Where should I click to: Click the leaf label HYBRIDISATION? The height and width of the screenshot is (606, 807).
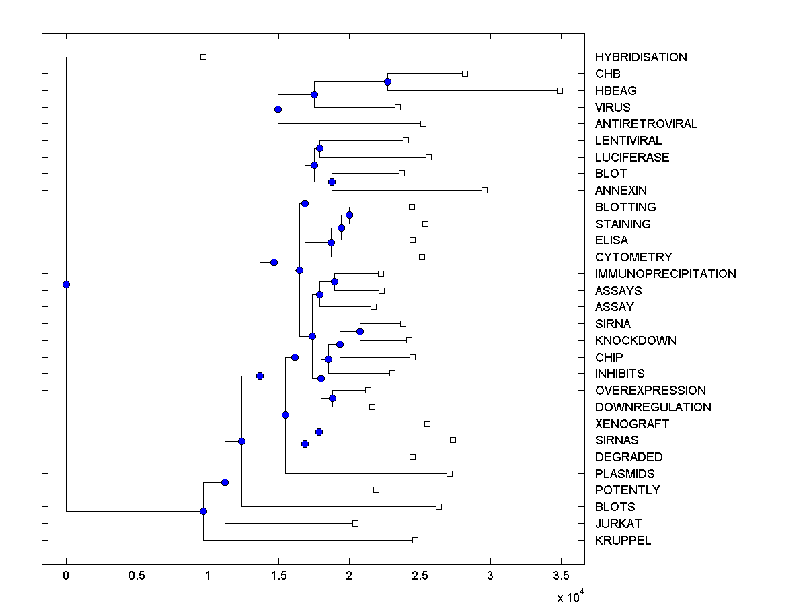641,57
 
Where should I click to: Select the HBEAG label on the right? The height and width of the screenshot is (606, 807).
615,90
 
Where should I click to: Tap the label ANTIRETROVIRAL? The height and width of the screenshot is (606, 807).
646,124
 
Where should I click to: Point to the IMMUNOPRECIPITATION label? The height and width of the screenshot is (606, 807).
665,274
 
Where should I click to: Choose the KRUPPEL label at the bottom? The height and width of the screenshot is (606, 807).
623,541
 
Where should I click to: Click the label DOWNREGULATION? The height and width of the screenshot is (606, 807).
653,407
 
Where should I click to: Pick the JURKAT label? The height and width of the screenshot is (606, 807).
618,524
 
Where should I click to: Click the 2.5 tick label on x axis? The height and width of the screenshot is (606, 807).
420,576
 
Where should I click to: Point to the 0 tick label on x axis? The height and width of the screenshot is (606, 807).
66,576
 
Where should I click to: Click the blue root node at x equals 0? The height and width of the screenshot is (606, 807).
66,284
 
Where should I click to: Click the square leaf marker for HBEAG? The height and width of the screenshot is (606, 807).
560,90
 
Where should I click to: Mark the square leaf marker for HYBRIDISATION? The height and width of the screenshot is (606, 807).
204,57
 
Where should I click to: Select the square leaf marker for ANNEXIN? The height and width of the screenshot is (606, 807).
484,191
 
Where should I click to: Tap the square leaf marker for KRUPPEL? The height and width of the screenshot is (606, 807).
415,540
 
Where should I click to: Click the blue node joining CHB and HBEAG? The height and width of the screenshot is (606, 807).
387,82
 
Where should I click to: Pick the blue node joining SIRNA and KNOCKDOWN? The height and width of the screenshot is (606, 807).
360,331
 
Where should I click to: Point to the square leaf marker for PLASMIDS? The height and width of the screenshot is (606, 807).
449,473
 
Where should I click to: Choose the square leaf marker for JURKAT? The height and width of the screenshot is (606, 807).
356,523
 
